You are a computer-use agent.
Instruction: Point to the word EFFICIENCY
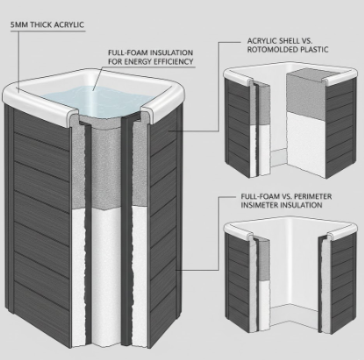click(x=166, y=62)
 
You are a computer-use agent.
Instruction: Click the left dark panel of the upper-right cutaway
click(x=237, y=123)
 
